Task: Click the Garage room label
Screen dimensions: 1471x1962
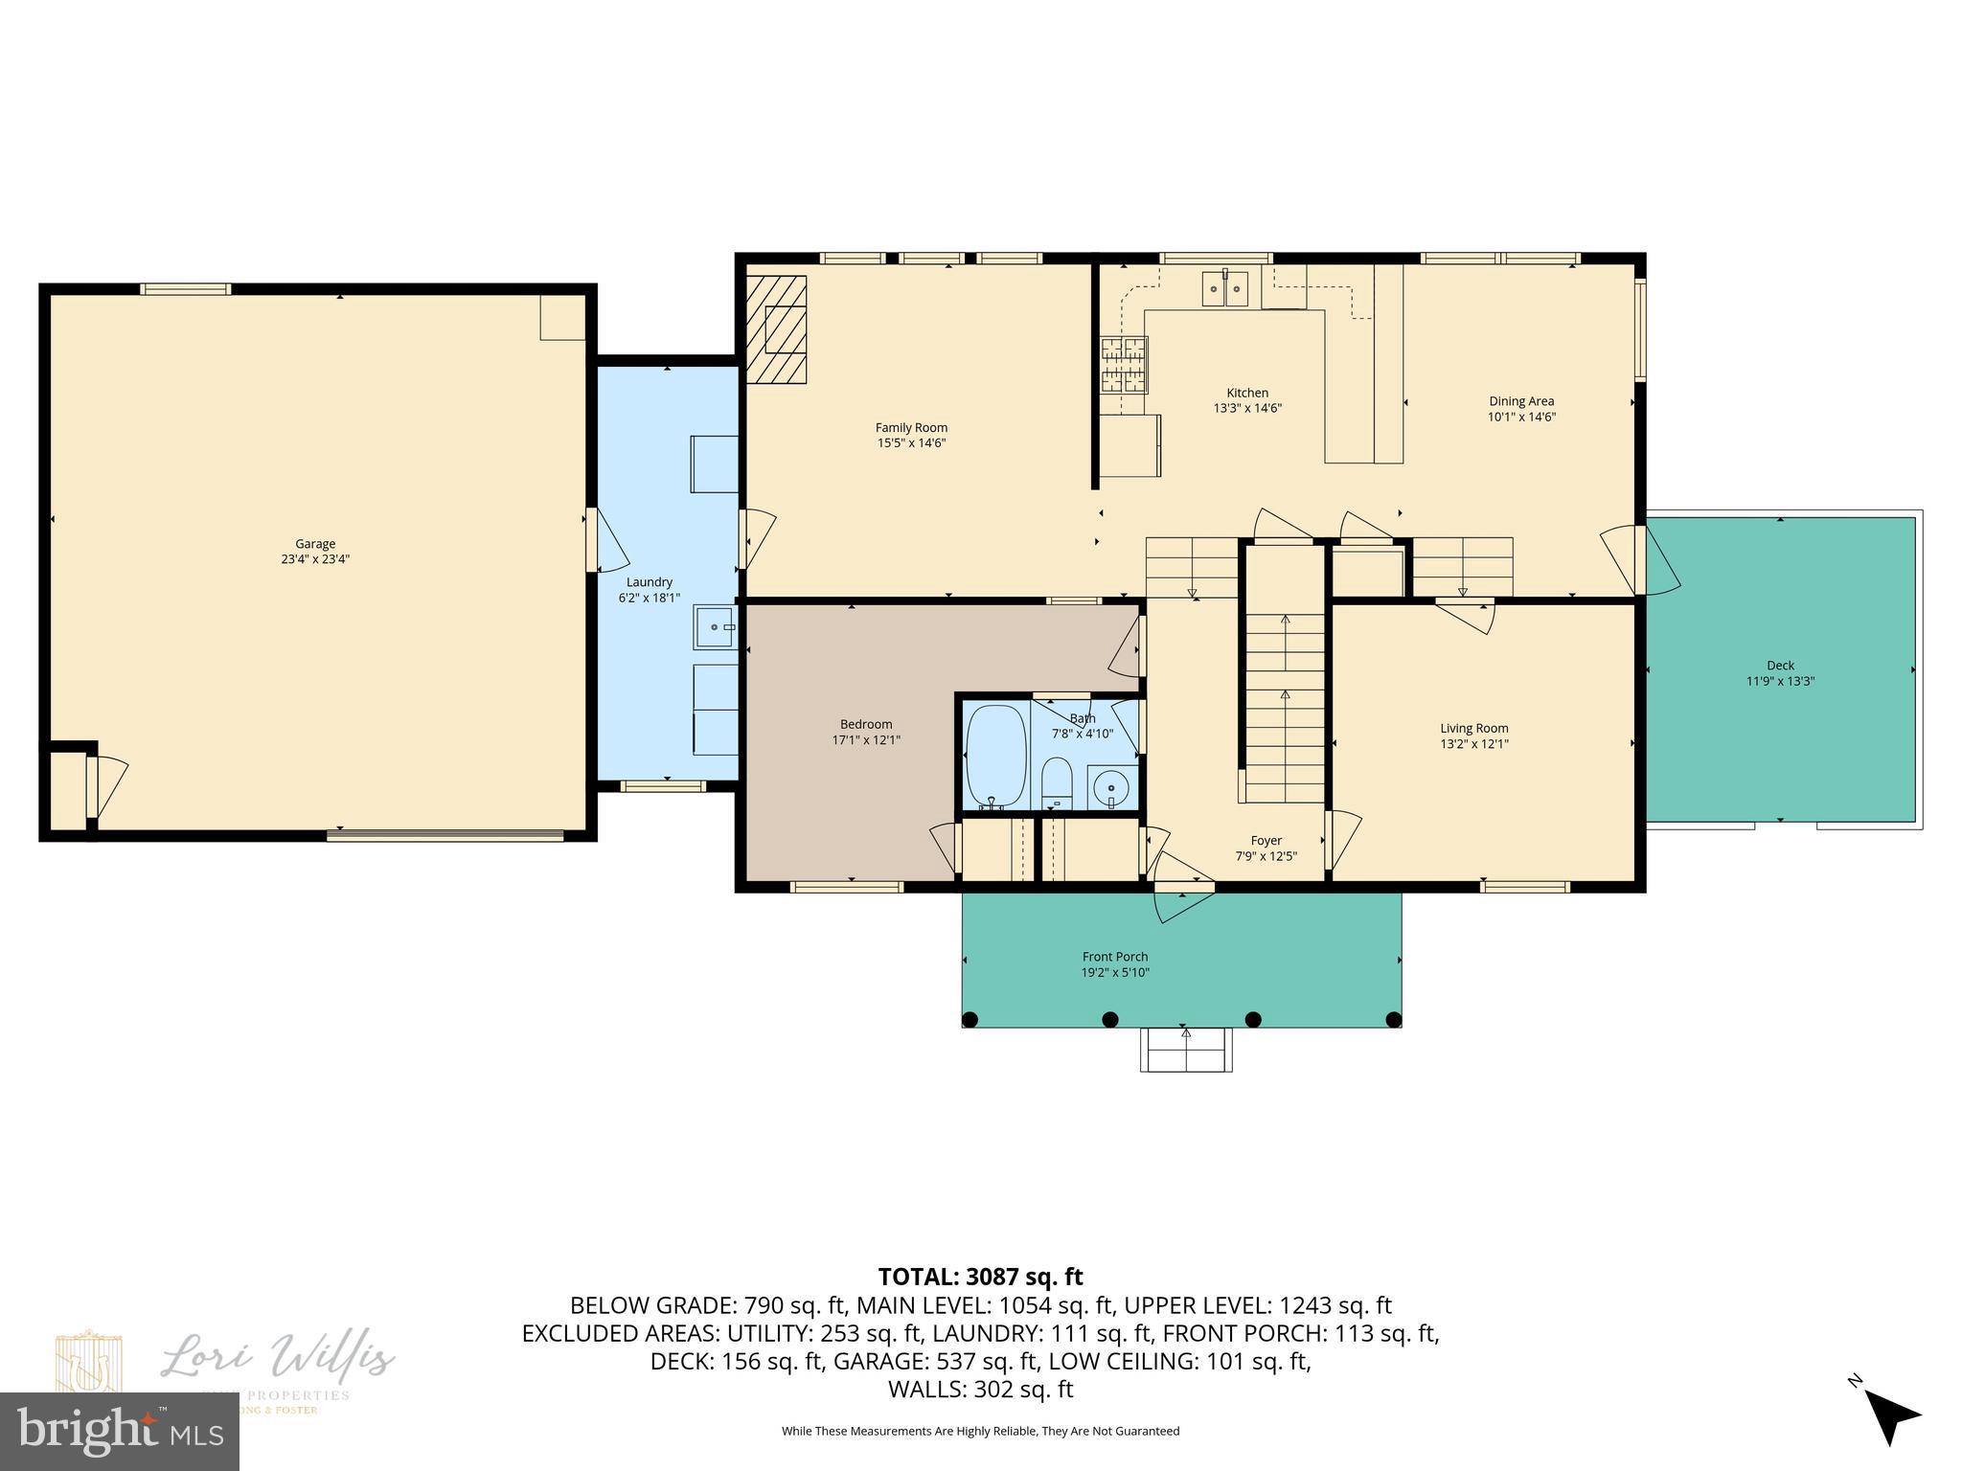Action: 315,544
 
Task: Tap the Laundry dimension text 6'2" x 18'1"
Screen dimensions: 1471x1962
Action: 649,598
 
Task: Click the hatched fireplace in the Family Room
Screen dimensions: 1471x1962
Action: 777,329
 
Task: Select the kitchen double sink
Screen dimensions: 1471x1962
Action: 1225,288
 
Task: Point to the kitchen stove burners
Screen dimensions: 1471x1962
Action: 1123,365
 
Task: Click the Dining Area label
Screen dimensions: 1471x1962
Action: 1520,401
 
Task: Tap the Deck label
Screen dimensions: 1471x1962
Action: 1780,666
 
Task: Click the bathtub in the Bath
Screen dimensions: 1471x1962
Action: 996,754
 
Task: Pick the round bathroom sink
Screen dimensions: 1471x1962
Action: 1111,788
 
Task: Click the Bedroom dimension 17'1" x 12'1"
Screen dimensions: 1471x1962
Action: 866,739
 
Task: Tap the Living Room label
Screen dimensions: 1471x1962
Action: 1473,728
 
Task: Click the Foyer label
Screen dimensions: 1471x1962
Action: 1266,841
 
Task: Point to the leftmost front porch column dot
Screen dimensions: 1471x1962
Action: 970,1019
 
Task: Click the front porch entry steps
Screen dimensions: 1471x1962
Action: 1185,1050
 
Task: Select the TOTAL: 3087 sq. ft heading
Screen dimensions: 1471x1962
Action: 980,1277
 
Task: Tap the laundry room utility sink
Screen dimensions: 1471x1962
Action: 716,627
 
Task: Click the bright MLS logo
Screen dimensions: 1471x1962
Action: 120,1431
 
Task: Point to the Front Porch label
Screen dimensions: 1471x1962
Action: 1115,957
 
